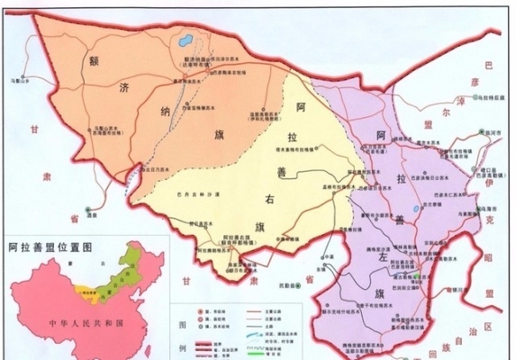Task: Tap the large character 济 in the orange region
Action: pyautogui.click(x=124, y=89)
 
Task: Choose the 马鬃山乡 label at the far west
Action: pyautogui.click(x=20, y=80)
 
